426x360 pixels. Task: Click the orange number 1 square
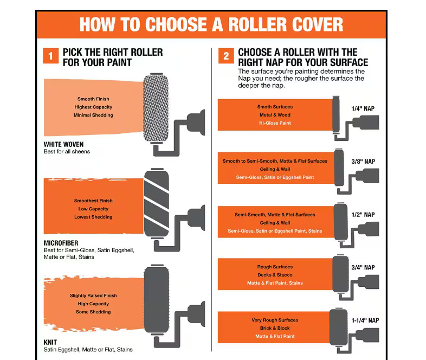(x=51, y=56)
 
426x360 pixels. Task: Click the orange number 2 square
(x=226, y=56)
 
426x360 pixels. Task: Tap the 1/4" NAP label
(x=363, y=108)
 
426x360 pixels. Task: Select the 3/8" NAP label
(x=363, y=162)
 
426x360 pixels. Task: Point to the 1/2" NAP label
(x=363, y=215)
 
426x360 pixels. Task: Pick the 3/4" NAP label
(x=363, y=267)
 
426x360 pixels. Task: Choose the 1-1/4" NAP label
(x=365, y=320)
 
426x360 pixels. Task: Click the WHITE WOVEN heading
(x=63, y=144)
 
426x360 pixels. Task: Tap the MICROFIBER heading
(x=61, y=243)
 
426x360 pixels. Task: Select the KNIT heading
(x=50, y=342)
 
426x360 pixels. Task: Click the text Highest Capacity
(x=93, y=107)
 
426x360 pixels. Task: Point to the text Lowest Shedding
(x=93, y=217)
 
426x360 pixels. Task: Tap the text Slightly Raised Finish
(x=93, y=295)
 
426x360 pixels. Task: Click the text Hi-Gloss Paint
(x=275, y=123)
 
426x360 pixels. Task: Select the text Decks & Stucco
(x=275, y=275)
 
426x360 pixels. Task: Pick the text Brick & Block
(x=275, y=328)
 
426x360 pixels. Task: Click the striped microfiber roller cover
(x=157, y=203)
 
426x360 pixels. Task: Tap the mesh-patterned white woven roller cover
(x=156, y=108)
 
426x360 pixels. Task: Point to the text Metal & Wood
(x=275, y=115)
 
